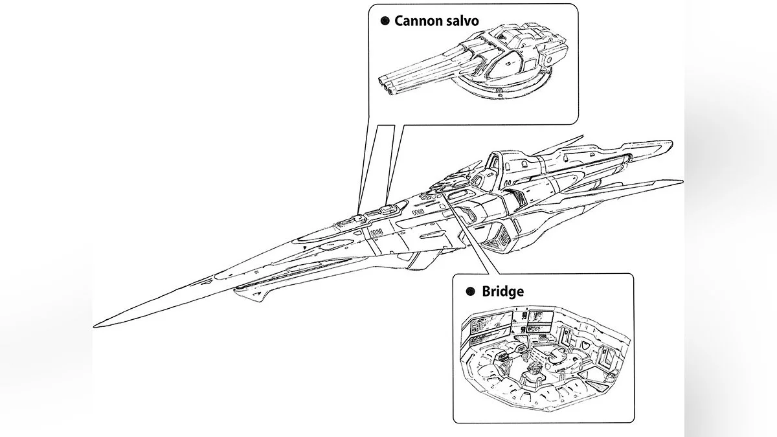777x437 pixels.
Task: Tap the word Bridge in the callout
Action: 503,291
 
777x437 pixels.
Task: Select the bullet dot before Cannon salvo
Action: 385,21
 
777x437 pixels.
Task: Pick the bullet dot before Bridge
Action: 470,291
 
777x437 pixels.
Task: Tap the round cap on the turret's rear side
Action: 547,61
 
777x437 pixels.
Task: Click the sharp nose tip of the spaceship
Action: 95,326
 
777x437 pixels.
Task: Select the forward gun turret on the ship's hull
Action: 350,221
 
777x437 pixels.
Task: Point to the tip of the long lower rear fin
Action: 682,181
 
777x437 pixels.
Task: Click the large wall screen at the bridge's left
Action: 491,325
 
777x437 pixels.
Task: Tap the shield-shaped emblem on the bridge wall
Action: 585,344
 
